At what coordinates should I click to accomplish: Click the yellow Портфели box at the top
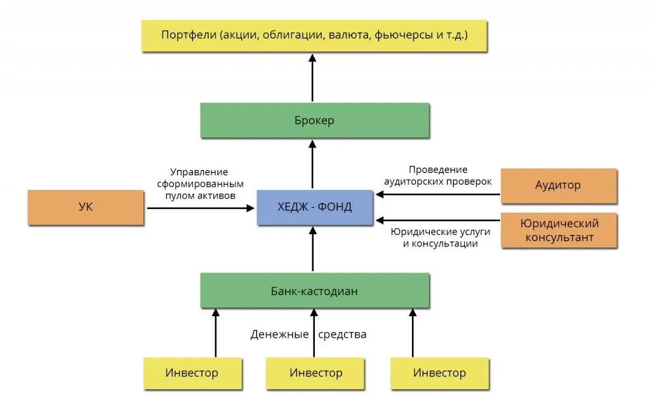pos(314,35)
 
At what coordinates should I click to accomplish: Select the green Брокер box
pos(314,121)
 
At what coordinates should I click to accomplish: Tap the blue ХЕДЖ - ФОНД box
pos(314,207)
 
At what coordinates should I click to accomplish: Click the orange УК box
pos(86,207)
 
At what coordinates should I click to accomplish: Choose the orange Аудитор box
pos(559,186)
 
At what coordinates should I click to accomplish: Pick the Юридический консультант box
pos(559,230)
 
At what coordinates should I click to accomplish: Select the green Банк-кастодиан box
pos(314,291)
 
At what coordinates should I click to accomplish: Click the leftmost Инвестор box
pos(192,373)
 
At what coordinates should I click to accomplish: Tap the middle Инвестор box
pos(315,373)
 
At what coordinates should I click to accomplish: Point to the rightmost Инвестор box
pos(439,373)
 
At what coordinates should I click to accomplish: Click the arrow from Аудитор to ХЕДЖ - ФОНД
pos(438,195)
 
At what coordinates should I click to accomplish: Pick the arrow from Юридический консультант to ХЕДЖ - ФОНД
pos(438,220)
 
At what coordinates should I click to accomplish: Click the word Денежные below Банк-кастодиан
pos(278,334)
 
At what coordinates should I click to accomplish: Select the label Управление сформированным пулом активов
pos(199,184)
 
